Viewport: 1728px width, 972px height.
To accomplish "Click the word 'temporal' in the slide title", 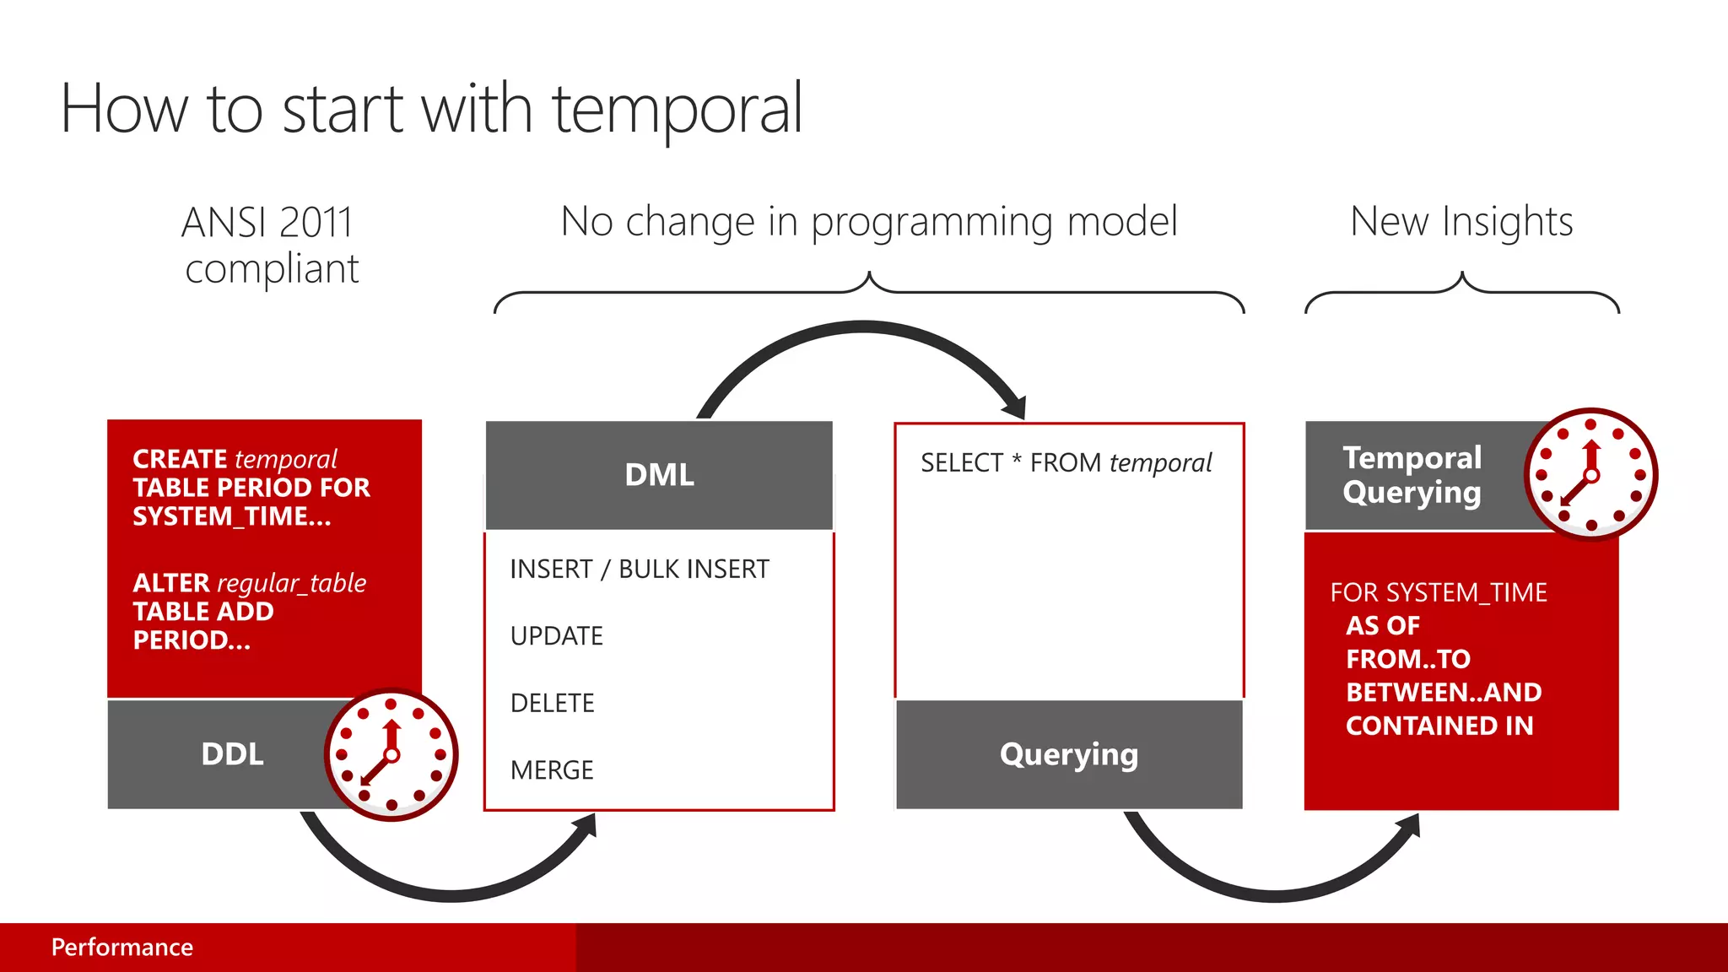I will coord(677,110).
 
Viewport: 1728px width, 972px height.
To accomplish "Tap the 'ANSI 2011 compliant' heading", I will coord(270,246).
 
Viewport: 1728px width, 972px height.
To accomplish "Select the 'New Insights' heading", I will coord(1461,222).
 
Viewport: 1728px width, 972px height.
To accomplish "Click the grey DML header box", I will coord(659,475).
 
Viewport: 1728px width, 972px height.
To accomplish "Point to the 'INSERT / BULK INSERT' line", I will coord(640,570).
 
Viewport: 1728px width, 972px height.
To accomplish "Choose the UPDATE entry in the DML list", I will coord(556,636).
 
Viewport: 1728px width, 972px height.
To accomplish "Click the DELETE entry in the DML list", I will coord(552,703).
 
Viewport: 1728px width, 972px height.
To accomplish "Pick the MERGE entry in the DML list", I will coord(552,770).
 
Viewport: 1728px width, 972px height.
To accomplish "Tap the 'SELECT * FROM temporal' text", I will coord(1066,463).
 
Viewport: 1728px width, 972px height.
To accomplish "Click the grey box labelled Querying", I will coord(1068,754).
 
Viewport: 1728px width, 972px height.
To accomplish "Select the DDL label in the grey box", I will coord(232,754).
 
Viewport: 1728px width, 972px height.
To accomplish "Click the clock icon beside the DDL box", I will coord(391,754).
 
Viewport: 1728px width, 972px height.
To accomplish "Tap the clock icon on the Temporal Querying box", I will coord(1590,475).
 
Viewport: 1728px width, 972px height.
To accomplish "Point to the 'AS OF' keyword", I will coord(1382,626).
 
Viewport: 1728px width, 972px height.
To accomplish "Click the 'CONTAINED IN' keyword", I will coord(1439,726).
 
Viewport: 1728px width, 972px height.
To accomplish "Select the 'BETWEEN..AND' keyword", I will coord(1444,693).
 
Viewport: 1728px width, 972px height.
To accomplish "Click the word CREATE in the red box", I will coord(180,459).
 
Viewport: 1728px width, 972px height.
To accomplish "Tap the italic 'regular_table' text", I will coord(291,583).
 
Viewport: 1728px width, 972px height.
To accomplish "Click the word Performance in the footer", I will coord(122,948).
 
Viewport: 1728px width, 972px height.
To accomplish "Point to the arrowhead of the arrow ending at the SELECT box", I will coord(1015,408).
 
